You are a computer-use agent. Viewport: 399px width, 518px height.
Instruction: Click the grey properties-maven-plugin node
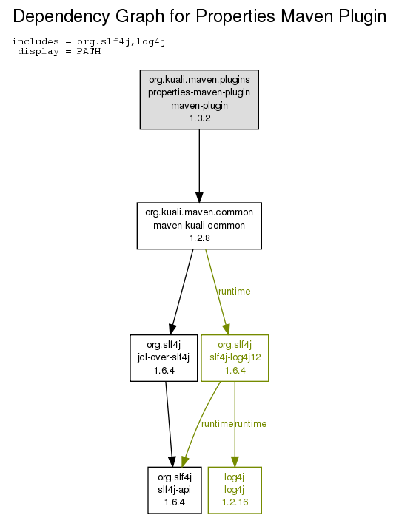click(199, 99)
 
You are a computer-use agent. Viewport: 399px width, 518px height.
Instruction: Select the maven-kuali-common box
click(199, 226)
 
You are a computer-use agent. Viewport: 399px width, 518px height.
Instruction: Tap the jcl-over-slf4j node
click(164, 357)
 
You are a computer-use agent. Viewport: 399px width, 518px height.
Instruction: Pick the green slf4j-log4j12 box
click(235, 357)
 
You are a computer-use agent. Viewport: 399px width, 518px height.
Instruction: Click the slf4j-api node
click(175, 490)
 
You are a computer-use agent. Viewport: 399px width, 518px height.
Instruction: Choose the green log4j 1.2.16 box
click(235, 490)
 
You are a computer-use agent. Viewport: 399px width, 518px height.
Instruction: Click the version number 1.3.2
click(200, 118)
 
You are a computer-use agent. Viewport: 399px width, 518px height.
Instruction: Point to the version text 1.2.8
click(200, 238)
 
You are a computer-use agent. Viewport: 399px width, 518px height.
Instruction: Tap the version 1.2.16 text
click(235, 502)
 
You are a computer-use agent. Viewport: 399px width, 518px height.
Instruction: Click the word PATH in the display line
click(89, 52)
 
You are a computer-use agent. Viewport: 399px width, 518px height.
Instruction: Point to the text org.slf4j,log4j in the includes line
click(121, 42)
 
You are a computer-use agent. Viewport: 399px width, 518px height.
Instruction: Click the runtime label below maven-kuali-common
click(235, 292)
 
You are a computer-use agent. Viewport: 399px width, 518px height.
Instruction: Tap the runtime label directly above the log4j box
click(251, 424)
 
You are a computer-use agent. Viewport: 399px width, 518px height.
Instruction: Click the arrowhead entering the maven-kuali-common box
click(199, 197)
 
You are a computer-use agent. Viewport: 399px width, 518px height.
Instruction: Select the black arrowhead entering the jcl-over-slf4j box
click(172, 329)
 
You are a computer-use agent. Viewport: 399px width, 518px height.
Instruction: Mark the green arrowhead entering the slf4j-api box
click(184, 462)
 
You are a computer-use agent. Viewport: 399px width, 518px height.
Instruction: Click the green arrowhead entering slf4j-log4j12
click(227, 329)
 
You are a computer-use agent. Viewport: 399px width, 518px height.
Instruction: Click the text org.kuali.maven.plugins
click(199, 80)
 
